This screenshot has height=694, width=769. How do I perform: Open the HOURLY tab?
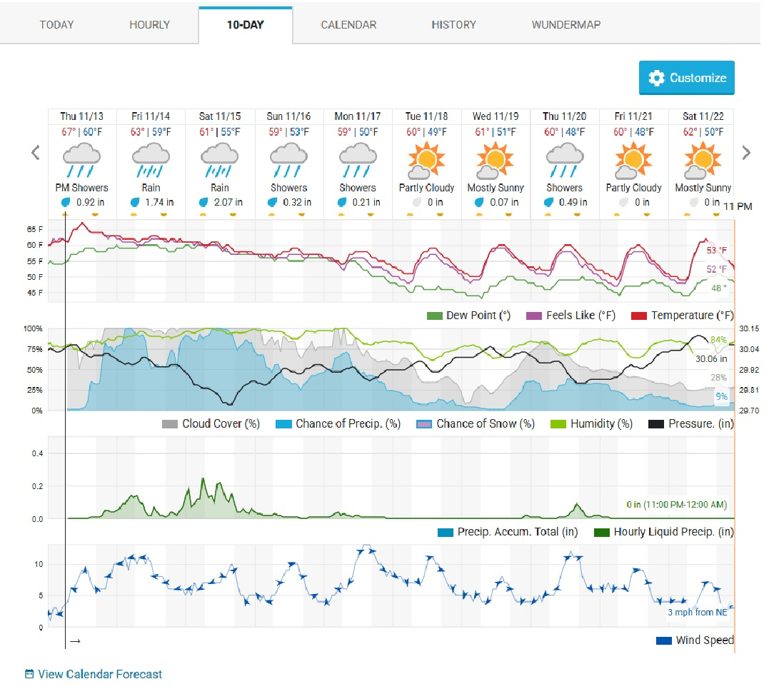149,24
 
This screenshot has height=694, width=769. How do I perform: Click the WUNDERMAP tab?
566,24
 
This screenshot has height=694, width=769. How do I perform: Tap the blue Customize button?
686,78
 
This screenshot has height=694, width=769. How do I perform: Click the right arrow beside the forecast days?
746,152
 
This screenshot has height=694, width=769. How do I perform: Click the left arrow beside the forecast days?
35,152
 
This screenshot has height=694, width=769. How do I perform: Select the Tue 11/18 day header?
427,116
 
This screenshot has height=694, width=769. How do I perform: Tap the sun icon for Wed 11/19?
496,159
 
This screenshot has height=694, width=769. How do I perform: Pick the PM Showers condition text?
82,188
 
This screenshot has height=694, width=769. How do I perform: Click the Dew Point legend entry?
478,316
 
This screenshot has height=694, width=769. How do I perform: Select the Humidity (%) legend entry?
601,424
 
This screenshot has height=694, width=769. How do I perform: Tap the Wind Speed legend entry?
703,640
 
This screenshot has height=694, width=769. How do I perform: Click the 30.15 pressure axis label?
748,329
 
